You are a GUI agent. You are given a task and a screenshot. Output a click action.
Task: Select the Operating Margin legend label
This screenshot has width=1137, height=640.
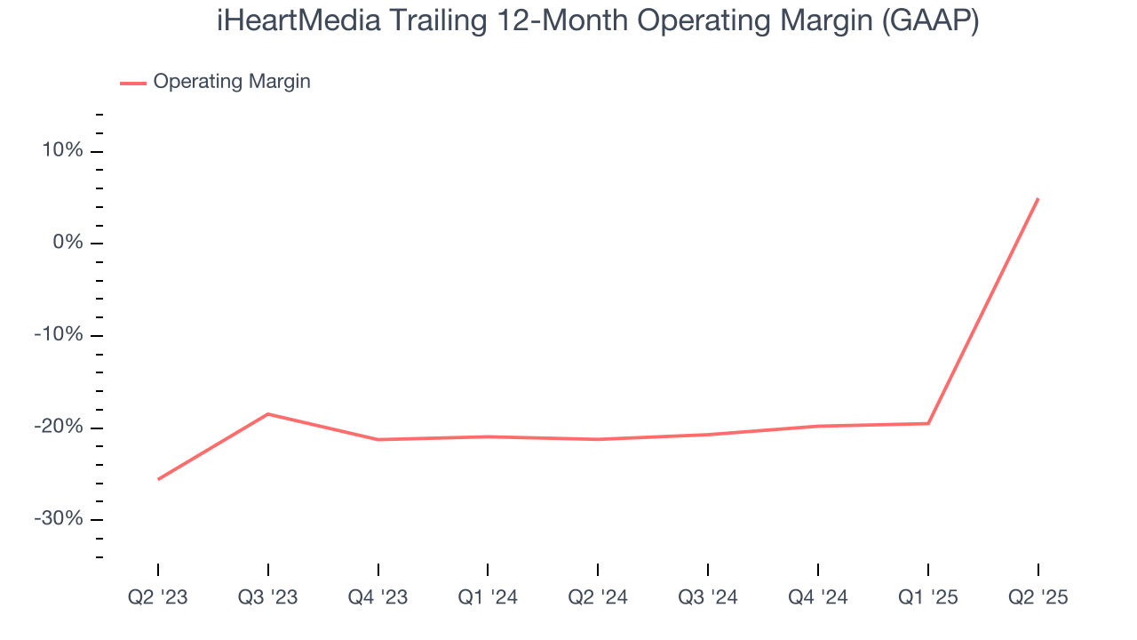(232, 82)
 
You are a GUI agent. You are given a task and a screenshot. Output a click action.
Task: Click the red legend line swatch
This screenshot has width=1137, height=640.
(133, 83)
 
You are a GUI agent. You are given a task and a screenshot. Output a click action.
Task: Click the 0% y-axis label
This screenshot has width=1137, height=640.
(67, 243)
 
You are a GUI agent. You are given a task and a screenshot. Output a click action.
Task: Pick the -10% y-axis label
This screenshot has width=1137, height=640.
(59, 335)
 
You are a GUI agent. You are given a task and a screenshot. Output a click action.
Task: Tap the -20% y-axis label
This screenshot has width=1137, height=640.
(59, 428)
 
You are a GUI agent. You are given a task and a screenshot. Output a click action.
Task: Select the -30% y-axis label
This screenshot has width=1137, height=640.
(59, 519)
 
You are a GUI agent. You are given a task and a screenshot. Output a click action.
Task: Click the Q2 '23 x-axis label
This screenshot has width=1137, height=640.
(158, 597)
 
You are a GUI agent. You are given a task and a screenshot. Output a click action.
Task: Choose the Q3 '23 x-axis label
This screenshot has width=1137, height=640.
(267, 597)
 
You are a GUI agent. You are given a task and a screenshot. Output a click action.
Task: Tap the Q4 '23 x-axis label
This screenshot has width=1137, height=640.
(378, 597)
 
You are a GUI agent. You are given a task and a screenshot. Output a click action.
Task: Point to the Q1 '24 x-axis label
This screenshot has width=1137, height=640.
(488, 597)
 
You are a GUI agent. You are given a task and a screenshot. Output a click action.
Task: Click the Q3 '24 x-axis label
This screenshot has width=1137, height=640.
(708, 597)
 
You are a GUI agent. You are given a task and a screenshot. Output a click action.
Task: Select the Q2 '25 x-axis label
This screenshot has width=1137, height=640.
(1038, 597)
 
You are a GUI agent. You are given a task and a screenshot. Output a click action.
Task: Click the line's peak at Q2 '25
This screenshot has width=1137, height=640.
(1038, 199)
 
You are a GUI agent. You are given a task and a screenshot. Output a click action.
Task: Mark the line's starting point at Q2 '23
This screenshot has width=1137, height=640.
(158, 479)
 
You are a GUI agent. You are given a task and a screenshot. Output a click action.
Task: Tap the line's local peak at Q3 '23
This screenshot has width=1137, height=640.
(267, 413)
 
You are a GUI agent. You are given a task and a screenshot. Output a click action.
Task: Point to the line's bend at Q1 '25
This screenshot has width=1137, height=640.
(928, 423)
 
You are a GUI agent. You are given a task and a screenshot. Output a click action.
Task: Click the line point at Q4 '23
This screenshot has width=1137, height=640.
(378, 439)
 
